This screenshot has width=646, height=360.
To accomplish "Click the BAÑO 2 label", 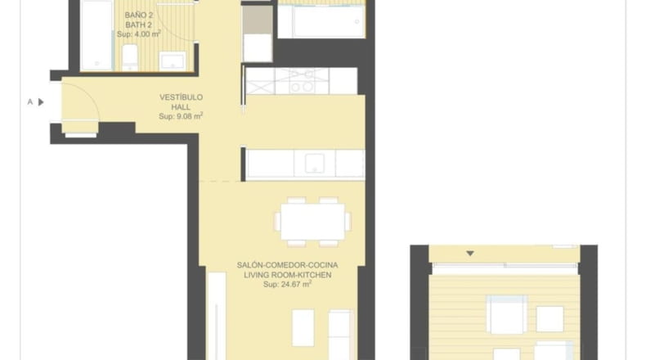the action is pos(139,16).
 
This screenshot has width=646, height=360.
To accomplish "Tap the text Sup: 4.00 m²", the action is pos(139,34).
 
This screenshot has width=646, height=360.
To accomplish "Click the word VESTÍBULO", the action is pos(181,97).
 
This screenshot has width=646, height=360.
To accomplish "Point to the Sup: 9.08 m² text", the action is pos(181,116).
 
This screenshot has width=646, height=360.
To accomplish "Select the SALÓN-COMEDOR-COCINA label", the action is pos(287,265).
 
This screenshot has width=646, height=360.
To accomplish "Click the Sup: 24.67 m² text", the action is pos(287,284).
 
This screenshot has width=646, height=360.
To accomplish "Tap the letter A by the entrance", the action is pos(30,101).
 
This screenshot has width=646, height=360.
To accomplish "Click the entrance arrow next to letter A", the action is pos(41,101).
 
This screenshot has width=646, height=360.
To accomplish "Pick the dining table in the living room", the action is pos(313,222).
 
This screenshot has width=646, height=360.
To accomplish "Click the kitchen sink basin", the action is pos(314,164).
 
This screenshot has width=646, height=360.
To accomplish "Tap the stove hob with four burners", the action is pos(302,81).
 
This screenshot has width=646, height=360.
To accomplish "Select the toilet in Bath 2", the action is pos(130,58).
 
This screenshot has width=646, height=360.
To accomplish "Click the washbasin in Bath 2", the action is pos(173,61).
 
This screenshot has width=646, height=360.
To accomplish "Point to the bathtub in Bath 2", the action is pos(96,35).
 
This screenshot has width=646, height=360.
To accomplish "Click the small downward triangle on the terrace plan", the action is pos(470,253).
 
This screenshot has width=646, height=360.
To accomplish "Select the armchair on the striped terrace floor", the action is pos(507,314).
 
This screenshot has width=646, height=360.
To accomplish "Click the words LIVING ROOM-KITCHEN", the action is pos(287,275).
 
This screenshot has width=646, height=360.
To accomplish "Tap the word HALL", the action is pos(181,107).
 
